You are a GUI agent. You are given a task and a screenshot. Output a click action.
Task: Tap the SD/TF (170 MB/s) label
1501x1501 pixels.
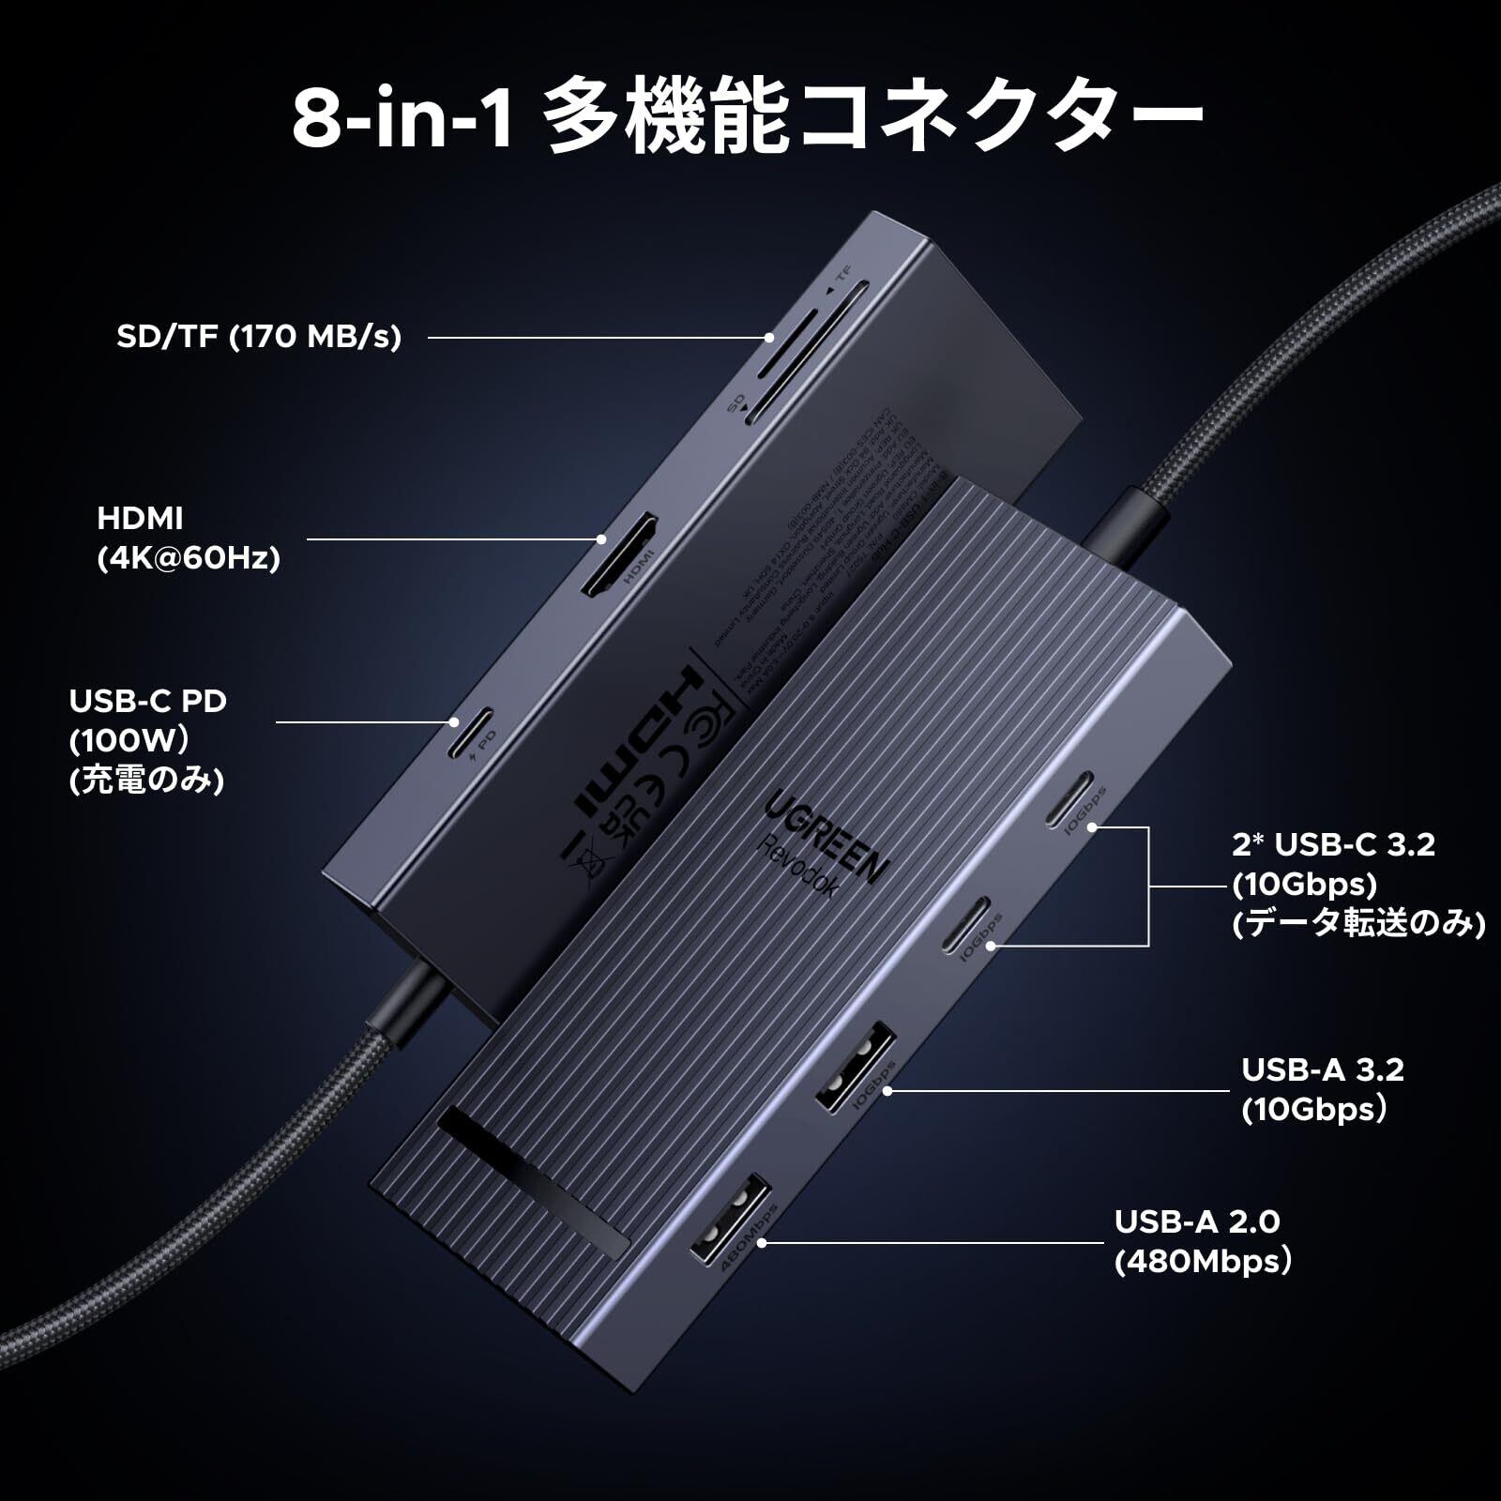click(259, 336)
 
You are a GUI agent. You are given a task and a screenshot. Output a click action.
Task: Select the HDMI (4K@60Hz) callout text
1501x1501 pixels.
click(189, 538)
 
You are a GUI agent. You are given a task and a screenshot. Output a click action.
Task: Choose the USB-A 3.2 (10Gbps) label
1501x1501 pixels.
click(1323, 1089)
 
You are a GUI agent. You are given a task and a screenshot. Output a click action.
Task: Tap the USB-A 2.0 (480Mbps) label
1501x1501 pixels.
click(1203, 1241)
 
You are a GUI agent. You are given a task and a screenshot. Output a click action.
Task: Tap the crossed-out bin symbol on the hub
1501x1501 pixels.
click(585, 854)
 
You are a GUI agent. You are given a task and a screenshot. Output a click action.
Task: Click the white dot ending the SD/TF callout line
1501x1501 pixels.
click(769, 338)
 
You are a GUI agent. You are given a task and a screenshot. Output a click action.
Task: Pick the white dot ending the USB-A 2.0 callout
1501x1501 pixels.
click(763, 1243)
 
